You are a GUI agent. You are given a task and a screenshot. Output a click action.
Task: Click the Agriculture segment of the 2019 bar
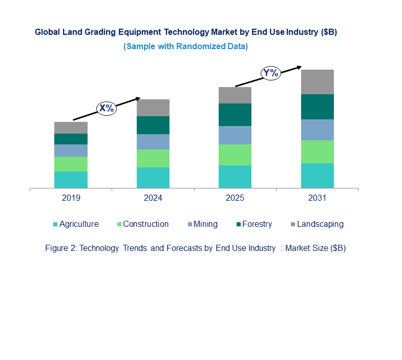click(x=71, y=180)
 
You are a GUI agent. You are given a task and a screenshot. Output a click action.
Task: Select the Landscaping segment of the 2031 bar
click(x=317, y=81)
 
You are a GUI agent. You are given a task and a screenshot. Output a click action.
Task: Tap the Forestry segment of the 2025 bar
click(x=235, y=115)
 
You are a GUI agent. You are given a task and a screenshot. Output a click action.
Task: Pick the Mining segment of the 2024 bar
click(x=153, y=142)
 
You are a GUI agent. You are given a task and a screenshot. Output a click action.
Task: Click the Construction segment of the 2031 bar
click(x=317, y=152)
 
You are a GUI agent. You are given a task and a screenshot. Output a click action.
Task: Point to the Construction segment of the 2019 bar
click(x=71, y=164)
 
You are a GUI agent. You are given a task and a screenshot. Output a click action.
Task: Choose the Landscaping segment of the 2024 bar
click(x=153, y=108)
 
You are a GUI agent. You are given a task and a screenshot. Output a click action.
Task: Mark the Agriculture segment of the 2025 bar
click(x=235, y=177)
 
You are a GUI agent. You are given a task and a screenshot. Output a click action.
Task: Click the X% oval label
click(x=107, y=109)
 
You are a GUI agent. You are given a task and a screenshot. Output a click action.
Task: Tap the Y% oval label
click(x=270, y=73)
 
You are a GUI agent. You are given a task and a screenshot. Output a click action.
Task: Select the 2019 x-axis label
click(x=71, y=198)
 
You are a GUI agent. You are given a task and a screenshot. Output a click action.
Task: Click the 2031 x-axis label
click(x=317, y=198)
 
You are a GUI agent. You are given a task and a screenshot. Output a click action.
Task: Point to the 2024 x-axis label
click(x=153, y=198)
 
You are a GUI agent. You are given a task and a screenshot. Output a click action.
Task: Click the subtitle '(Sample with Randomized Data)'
click(x=185, y=47)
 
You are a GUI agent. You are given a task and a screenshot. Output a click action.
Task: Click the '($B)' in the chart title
click(x=328, y=32)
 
